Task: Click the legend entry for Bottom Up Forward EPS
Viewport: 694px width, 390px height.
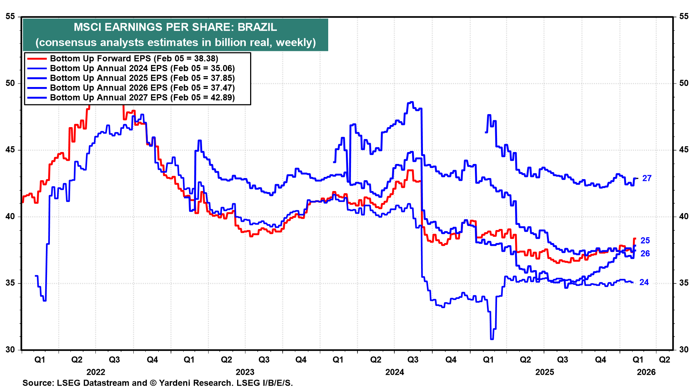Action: point(134,58)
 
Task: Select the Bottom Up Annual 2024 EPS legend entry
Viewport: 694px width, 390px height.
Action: point(142,68)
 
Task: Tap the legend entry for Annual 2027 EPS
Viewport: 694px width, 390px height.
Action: point(142,97)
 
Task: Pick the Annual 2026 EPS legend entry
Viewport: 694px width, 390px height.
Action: point(142,88)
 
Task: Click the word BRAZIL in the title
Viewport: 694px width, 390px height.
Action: point(257,27)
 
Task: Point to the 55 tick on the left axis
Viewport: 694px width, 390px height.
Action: point(10,16)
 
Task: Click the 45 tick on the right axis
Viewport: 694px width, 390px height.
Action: point(684,150)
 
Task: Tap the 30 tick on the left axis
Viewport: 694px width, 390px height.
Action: point(10,350)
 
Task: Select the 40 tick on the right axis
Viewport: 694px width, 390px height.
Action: point(684,217)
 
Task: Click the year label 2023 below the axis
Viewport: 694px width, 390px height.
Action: point(245,372)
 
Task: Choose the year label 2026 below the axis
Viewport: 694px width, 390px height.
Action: point(646,372)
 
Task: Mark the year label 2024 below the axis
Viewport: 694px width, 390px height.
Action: point(394,372)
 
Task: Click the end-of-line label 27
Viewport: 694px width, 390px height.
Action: point(647,178)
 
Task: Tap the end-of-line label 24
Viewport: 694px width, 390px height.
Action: point(644,282)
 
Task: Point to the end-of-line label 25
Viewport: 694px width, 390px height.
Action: point(645,240)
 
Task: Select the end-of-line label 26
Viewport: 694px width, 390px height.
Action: point(645,253)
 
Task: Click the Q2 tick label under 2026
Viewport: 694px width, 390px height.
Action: point(664,360)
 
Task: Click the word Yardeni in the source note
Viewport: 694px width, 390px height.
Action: point(174,383)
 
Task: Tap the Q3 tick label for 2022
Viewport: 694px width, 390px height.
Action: point(114,360)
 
